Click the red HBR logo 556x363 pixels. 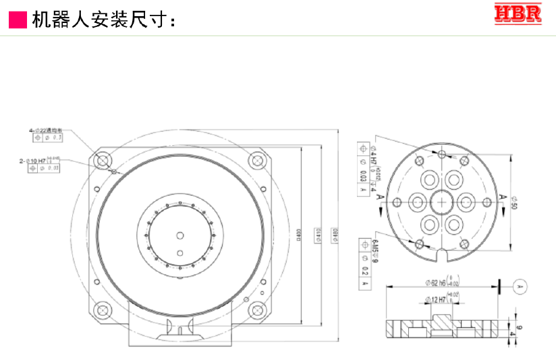coord(518,14)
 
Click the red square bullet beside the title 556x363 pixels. coord(18,20)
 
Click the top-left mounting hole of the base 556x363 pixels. coord(103,161)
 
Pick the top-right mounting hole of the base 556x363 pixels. coord(256,161)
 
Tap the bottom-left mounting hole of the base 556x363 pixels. coord(103,311)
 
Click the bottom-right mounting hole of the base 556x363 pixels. coord(256,311)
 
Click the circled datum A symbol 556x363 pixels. coord(519,287)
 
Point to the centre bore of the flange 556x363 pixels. coord(442,201)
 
